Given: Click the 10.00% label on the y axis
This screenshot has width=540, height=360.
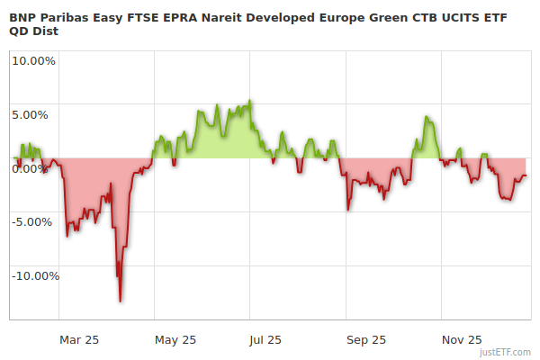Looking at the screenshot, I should click(x=33, y=61).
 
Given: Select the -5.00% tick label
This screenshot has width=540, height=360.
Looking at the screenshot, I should click(x=35, y=221).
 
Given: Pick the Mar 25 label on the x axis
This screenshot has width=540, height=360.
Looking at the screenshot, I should click(x=79, y=339).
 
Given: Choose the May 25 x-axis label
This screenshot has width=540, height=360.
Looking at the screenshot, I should click(x=175, y=339).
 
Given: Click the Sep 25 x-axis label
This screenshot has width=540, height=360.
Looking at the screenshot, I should click(x=365, y=339).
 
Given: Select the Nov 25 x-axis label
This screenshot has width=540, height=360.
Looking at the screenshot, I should click(x=462, y=339).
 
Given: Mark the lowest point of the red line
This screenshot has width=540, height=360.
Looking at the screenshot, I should click(x=120, y=301).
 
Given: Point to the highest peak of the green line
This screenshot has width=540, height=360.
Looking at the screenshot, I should click(x=250, y=101).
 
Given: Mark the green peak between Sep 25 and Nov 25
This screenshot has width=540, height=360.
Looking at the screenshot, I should click(x=427, y=117).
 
